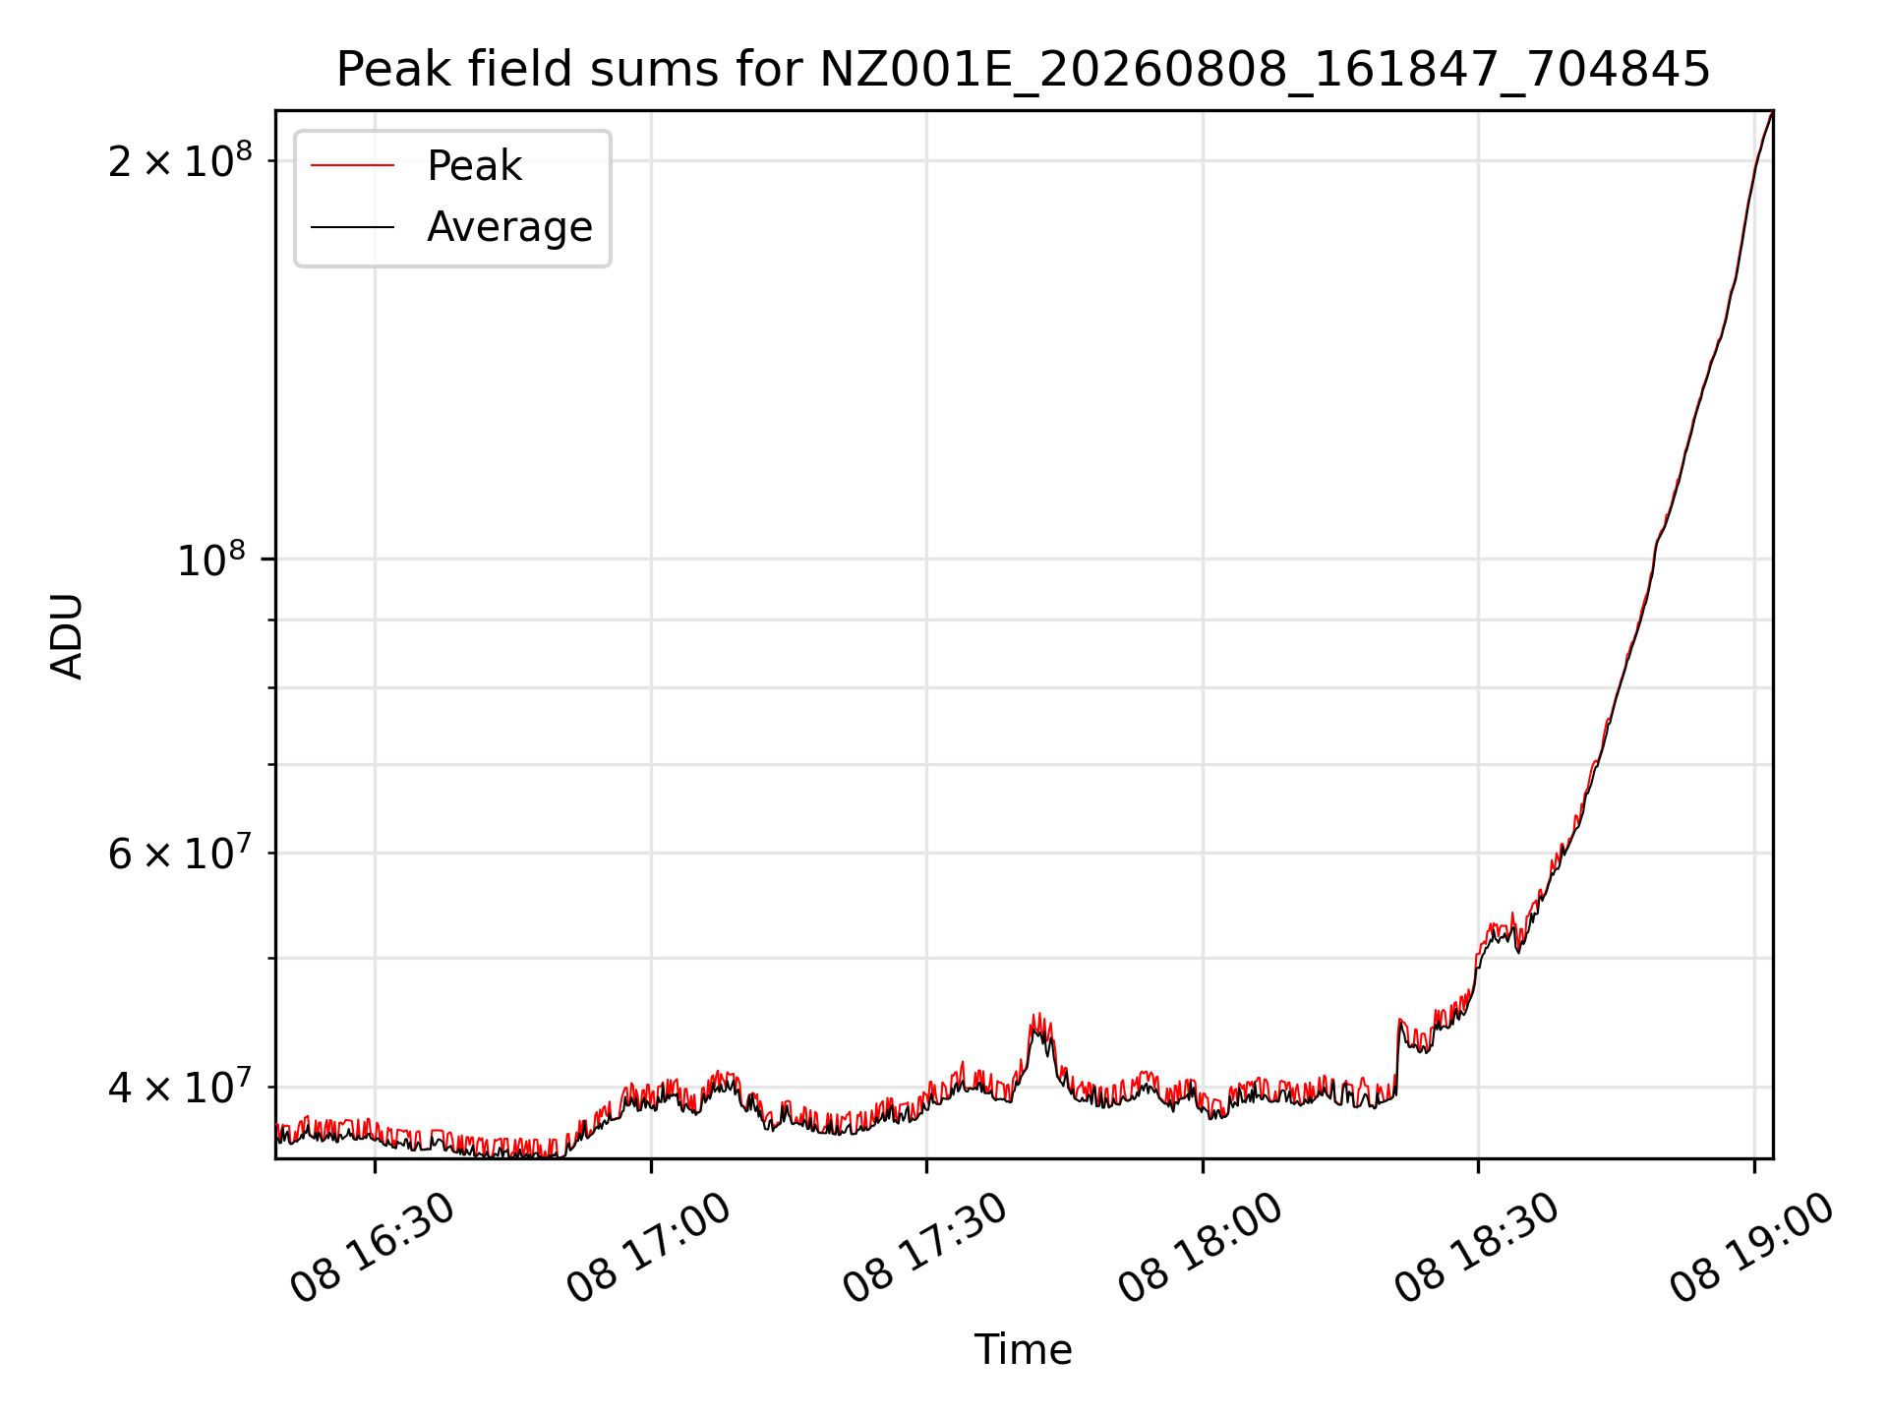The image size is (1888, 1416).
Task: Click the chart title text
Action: click(1024, 70)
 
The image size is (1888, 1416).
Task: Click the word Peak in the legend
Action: click(474, 165)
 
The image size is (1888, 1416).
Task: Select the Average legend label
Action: click(509, 227)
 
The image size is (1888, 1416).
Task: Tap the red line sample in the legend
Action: click(352, 165)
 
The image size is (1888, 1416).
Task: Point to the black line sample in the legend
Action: click(352, 227)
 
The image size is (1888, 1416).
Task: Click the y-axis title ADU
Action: click(67, 635)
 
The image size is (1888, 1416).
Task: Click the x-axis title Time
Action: click(1023, 1349)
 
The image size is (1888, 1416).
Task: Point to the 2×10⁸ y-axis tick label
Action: click(180, 160)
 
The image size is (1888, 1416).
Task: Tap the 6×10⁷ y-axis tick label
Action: click(180, 853)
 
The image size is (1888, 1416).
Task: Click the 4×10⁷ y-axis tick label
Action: click(180, 1087)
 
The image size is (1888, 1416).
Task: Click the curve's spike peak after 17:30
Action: click(1035, 1016)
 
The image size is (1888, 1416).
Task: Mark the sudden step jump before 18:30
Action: click(1397, 1057)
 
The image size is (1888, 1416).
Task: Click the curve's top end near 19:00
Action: click(1772, 112)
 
